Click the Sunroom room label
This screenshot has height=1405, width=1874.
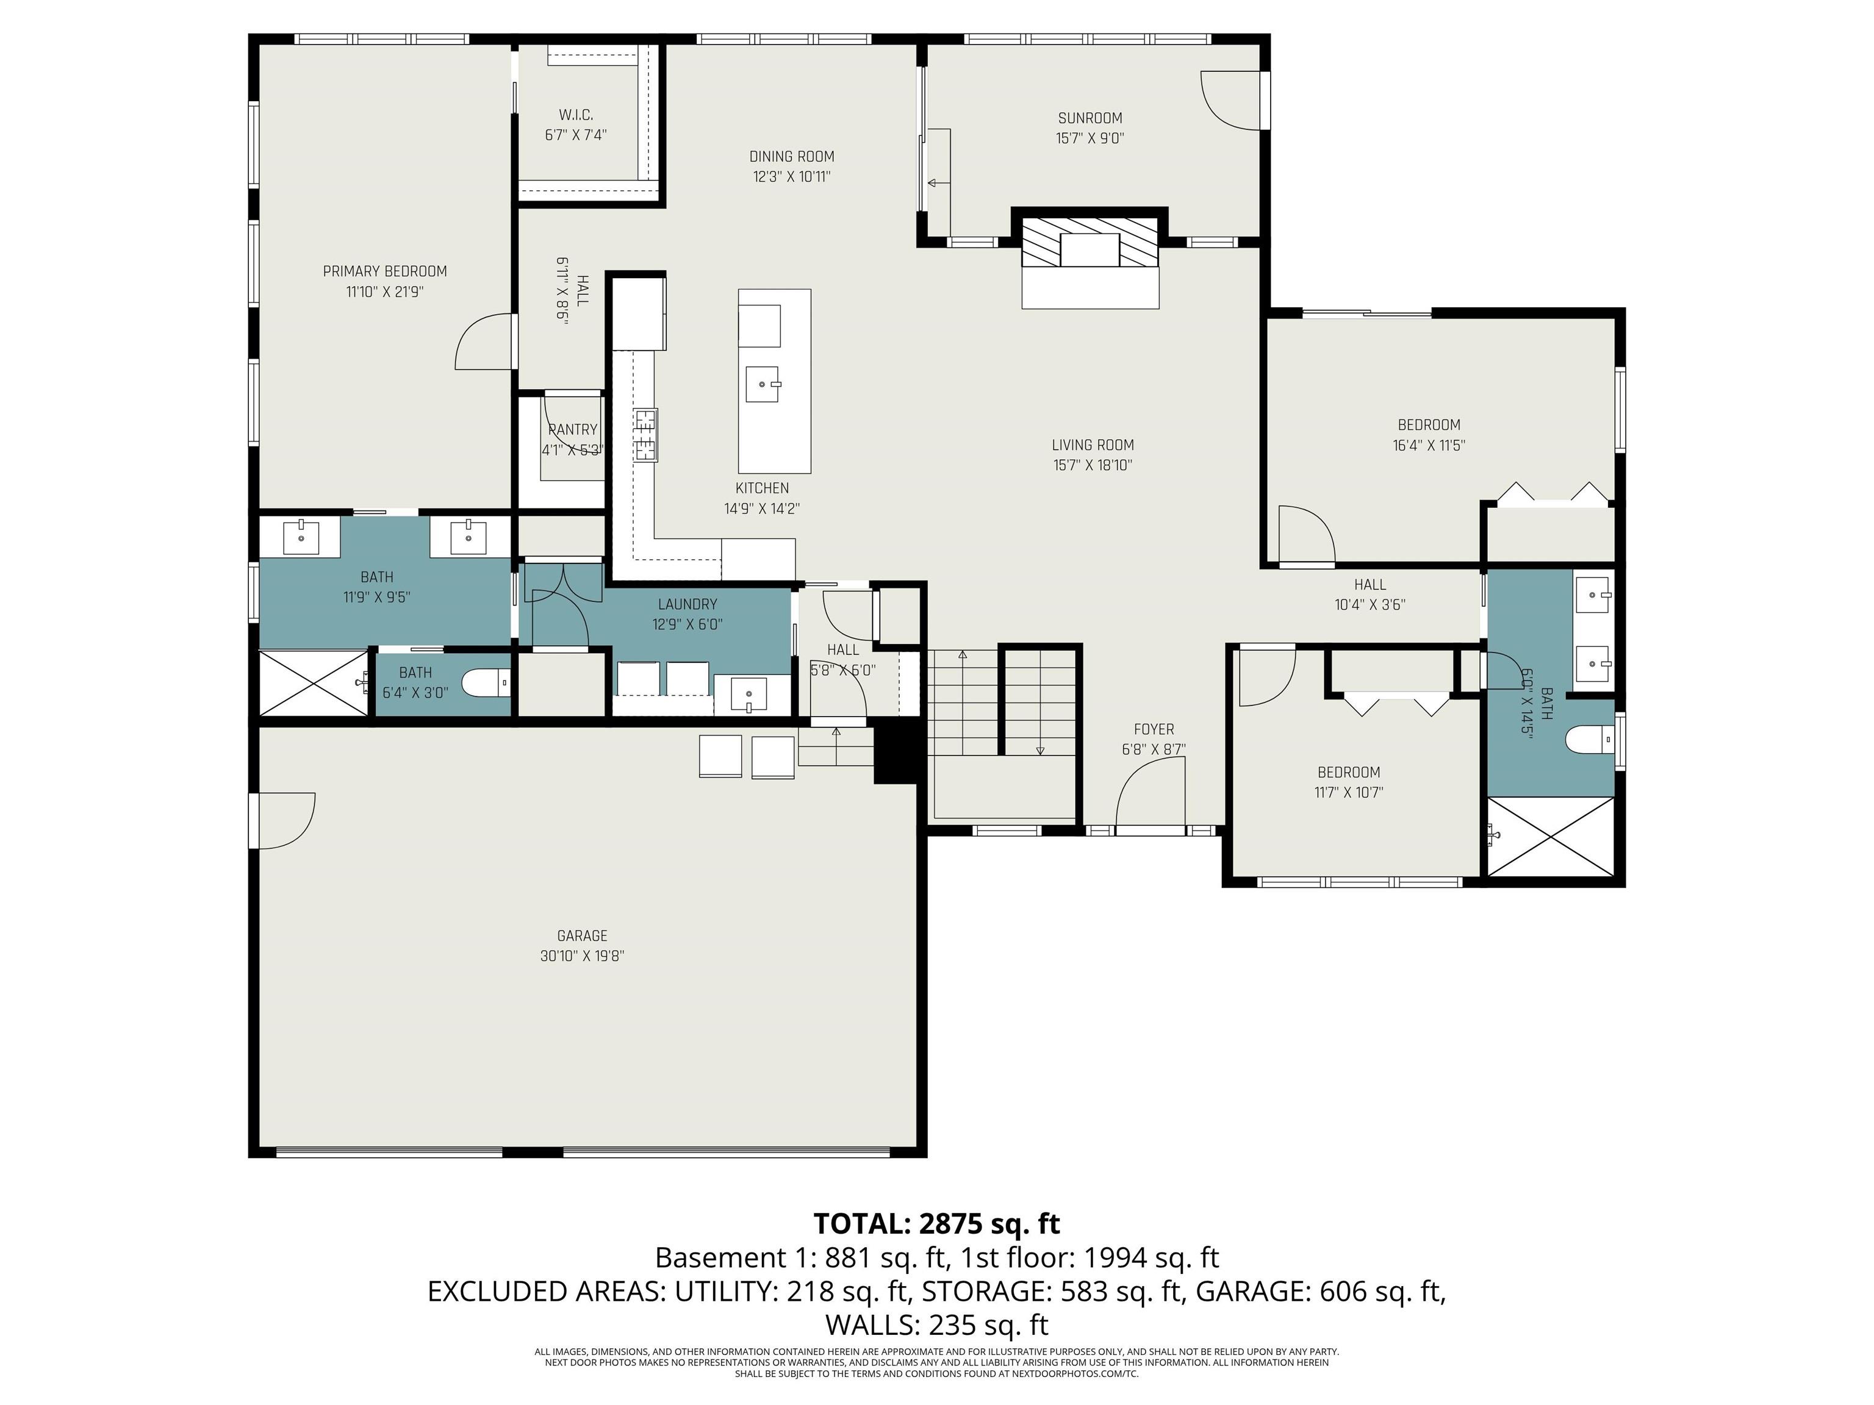pyautogui.click(x=1090, y=118)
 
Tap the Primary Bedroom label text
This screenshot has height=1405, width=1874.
pyautogui.click(x=385, y=271)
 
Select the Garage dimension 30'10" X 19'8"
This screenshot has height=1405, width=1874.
pyautogui.click(x=582, y=956)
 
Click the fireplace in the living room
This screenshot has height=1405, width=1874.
pyautogui.click(x=1090, y=251)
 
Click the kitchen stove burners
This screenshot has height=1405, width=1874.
pyautogui.click(x=645, y=434)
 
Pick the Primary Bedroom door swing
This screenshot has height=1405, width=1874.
pyautogui.click(x=484, y=343)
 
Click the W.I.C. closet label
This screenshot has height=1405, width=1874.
pyautogui.click(x=575, y=114)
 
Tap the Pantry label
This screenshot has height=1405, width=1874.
pyautogui.click(x=573, y=429)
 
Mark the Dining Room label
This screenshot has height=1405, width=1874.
pyautogui.click(x=791, y=157)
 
